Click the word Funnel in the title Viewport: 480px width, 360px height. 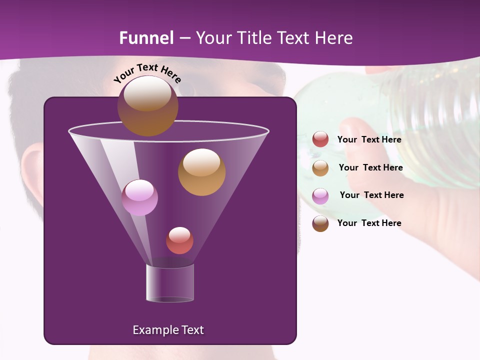[x=146, y=38]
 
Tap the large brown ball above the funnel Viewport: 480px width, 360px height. [x=147, y=106]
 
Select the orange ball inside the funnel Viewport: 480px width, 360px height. [x=201, y=172]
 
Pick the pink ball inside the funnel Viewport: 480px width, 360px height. [x=139, y=197]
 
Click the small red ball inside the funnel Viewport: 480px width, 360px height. [x=179, y=240]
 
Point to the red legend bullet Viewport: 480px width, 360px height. [x=320, y=139]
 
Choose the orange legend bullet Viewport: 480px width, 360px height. [x=320, y=168]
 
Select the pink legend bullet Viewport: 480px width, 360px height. [x=320, y=196]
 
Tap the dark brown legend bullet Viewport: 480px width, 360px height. [x=320, y=223]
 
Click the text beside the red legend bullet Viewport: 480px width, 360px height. [x=369, y=140]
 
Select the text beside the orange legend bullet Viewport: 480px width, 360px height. [x=370, y=167]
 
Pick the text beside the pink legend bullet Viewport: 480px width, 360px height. [x=371, y=195]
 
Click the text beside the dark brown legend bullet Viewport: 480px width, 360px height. [x=369, y=223]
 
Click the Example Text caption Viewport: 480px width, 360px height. [x=168, y=330]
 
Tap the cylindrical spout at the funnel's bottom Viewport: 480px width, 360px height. [x=170, y=283]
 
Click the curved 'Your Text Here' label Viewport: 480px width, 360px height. [x=147, y=72]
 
